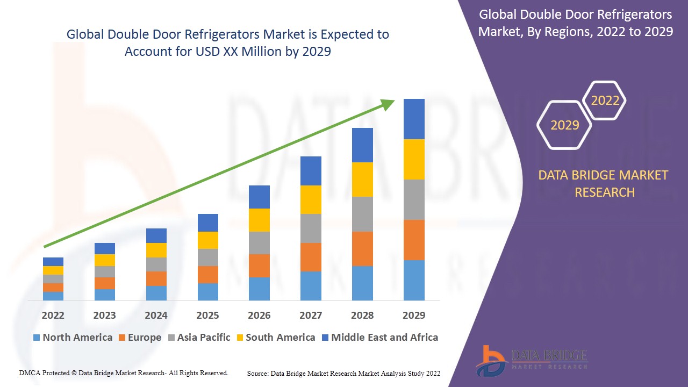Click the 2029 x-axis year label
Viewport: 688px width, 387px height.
click(413, 315)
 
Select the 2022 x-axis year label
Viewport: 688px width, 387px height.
click(53, 315)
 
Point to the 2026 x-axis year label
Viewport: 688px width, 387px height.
click(259, 315)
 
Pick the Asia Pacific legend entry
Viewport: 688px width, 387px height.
click(199, 338)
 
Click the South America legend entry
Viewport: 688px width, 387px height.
click(275, 338)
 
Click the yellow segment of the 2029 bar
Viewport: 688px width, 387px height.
click(414, 159)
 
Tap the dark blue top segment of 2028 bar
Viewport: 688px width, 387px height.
click(362, 145)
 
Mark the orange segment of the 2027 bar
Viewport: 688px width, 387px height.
click(311, 257)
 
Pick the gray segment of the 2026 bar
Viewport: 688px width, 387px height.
click(259, 243)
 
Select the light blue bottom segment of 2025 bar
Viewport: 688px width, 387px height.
click(207, 291)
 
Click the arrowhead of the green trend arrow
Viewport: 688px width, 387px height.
click(388, 103)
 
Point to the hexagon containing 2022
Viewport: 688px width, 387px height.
click(605, 101)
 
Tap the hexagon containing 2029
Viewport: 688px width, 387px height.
click(564, 125)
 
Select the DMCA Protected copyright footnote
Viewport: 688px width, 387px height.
click(124, 372)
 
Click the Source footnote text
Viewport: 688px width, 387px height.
click(343, 373)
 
